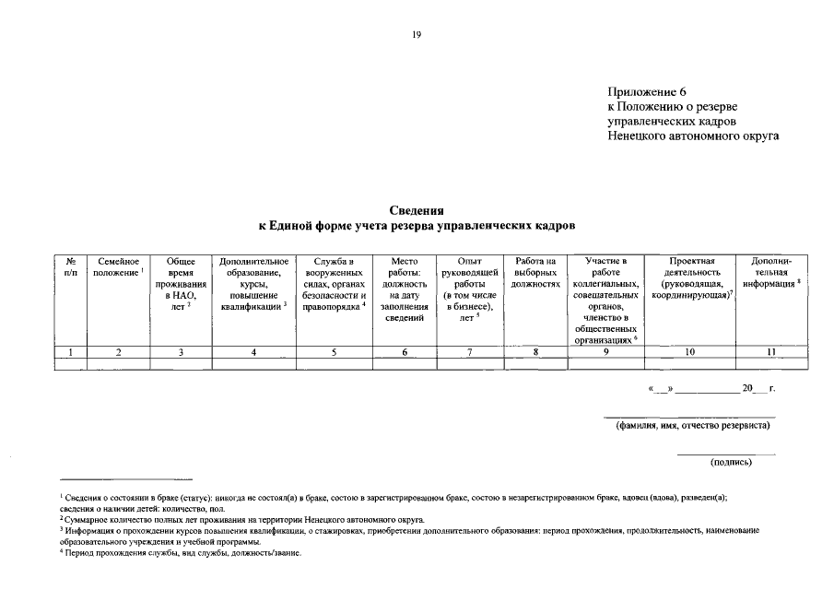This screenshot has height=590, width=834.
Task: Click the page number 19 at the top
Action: pos(417,34)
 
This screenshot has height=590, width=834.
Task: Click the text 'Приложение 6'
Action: pos(647,92)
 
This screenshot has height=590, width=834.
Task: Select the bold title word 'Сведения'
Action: pos(417,210)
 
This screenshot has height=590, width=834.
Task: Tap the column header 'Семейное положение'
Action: pos(119,268)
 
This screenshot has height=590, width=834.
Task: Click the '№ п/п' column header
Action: pos(71,268)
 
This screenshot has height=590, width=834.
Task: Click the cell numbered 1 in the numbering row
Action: pos(71,351)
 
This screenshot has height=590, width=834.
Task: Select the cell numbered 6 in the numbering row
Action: pos(405,351)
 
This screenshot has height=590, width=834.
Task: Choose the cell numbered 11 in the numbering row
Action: pos(771,351)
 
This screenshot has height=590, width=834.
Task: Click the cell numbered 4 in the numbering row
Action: pos(254,351)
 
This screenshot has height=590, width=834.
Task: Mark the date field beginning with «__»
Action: pos(711,389)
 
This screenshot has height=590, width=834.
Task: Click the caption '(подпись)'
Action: pos(731,462)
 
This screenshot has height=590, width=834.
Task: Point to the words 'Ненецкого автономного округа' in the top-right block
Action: pos(693,136)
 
